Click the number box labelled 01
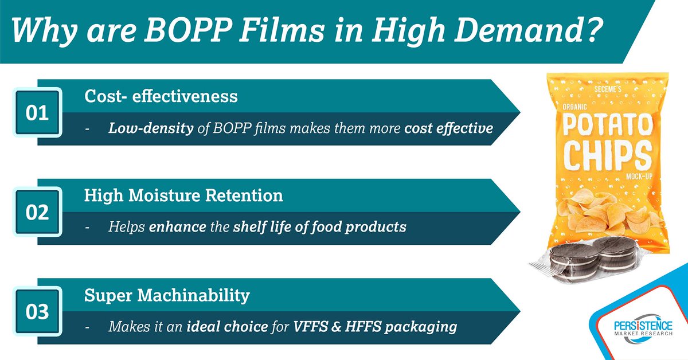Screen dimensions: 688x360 coord(37,113)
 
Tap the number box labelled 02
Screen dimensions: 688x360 coord(37,212)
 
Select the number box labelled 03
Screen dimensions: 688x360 coord(37,312)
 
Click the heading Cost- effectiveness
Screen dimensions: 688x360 coord(161,96)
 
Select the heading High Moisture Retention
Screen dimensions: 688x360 coord(183,195)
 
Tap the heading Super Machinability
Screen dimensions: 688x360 coord(167,295)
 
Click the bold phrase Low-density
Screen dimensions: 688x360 coord(150,128)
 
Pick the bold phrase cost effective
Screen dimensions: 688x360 coord(448,128)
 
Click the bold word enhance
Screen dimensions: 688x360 coord(177,227)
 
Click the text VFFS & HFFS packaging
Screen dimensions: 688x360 coord(375,327)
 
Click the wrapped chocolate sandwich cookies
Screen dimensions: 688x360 coord(591,260)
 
